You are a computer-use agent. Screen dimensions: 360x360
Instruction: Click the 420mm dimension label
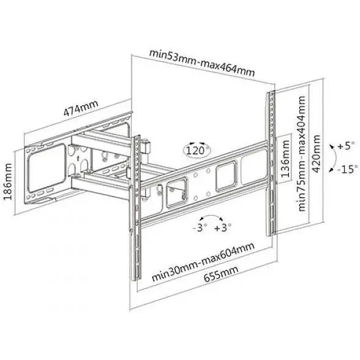coord(317,154)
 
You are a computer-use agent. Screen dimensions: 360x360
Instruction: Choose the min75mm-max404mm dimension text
coord(302,153)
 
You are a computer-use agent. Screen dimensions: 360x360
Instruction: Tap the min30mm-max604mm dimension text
coord(203,261)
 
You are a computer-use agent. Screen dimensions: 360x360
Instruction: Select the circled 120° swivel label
coord(197,151)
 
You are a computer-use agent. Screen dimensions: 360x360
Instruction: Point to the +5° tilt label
coord(347,146)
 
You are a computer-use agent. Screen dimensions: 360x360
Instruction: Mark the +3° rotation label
coord(223,228)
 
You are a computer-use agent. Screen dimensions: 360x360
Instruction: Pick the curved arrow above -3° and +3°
coord(211,216)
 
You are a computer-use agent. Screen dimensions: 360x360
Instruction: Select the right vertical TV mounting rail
coord(271,163)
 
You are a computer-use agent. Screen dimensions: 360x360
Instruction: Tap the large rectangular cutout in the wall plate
coord(47,168)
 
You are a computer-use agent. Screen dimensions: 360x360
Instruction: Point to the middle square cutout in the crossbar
coord(226,176)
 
